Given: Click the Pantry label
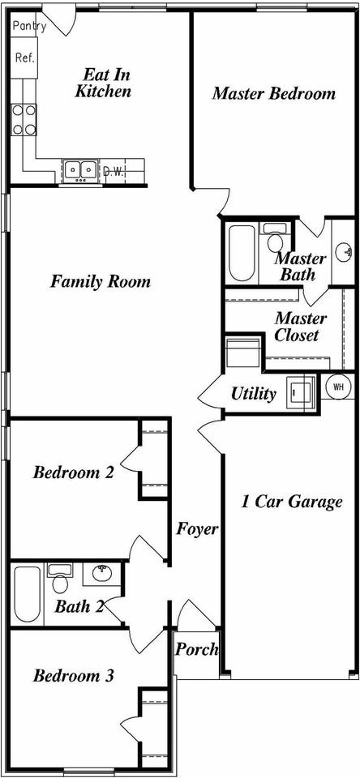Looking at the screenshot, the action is [29, 26].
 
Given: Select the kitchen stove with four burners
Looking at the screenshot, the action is [24, 120].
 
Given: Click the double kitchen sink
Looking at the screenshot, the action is [80, 170].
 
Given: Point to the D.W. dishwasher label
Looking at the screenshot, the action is [113, 172].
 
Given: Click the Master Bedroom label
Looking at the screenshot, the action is [273, 93].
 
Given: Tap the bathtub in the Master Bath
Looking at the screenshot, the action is [242, 253].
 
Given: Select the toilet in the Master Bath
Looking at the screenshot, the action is [275, 237].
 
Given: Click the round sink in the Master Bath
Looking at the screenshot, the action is [343, 253].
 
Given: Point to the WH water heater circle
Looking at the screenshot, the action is [339, 387].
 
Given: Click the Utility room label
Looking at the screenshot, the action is [253, 395].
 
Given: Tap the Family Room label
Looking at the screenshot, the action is [101, 282].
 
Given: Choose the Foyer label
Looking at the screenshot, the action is [197, 529].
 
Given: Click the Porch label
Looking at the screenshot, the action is [197, 649].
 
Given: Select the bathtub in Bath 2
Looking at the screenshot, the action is [28, 594].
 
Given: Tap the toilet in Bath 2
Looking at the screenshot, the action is [59, 578].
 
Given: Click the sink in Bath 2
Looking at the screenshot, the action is [101, 575].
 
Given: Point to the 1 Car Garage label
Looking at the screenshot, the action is [291, 502].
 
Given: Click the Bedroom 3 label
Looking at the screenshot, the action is [74, 676].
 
